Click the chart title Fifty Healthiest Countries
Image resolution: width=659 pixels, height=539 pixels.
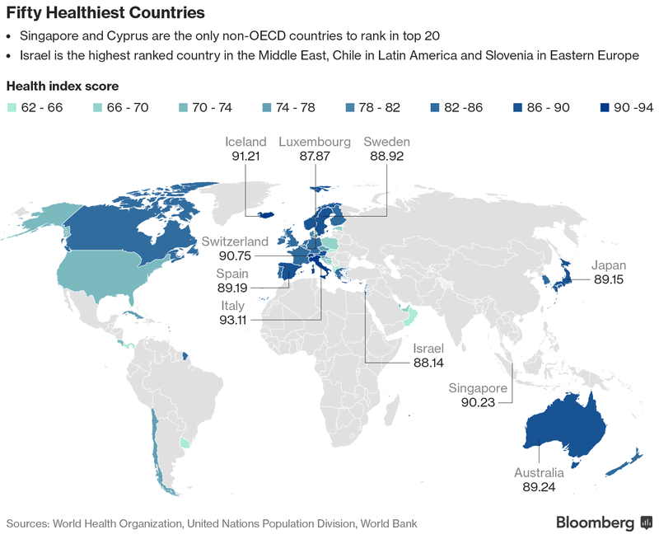[x=105, y=14]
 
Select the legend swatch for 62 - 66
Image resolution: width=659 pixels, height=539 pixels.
[x=11, y=107]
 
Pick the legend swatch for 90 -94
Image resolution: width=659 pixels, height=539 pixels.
[x=605, y=107]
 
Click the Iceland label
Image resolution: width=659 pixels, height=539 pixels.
[x=245, y=142]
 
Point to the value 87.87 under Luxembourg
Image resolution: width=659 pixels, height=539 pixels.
[x=315, y=155]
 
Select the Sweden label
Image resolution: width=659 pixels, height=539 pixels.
[x=386, y=142]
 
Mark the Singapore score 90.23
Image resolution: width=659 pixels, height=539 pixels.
[x=479, y=401]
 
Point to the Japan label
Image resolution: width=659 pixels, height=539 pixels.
[x=609, y=265]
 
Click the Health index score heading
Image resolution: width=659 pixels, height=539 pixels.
[x=62, y=86]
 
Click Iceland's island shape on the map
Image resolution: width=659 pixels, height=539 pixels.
[x=262, y=213]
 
